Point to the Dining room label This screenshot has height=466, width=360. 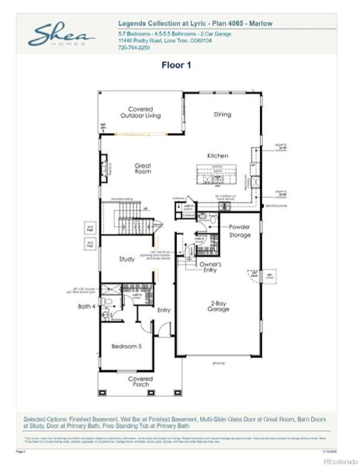[x=222, y=114]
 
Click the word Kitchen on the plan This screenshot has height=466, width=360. [x=216, y=155]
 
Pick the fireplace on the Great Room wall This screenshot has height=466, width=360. [x=102, y=165]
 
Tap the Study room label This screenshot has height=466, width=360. [x=128, y=259]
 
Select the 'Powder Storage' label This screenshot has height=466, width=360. [x=240, y=231]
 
